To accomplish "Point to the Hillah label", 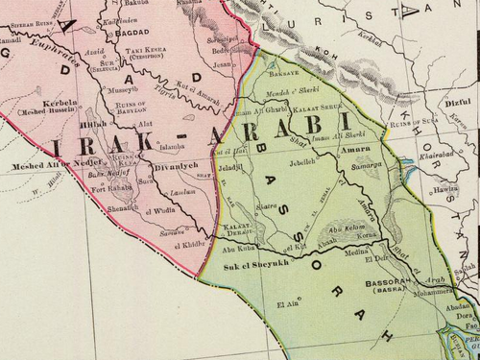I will point(96,124).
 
